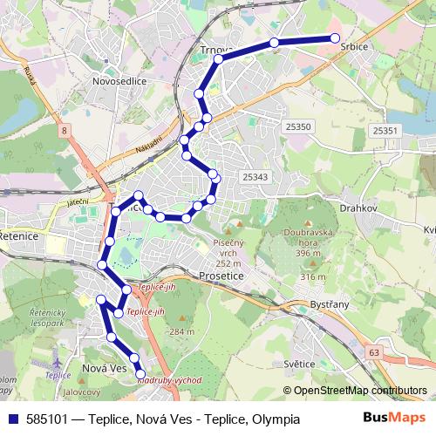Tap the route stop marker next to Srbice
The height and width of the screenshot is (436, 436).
point(334,37)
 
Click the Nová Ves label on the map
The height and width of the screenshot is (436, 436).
point(104,370)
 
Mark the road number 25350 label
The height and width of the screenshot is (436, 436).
point(297,127)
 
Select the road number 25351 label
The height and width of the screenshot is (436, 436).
point(385,131)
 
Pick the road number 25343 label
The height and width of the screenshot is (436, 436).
point(255,177)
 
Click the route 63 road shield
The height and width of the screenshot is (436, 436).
point(374,352)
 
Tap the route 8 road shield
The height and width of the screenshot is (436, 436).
point(64,131)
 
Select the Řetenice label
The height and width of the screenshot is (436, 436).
point(18,235)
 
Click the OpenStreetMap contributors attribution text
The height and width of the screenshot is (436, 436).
point(359,390)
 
